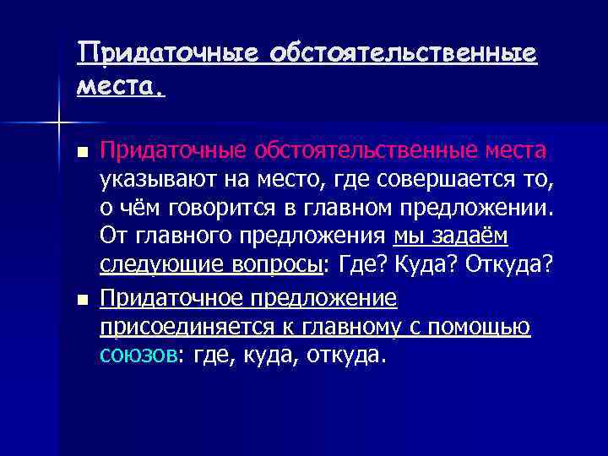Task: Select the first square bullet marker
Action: click(x=81, y=154)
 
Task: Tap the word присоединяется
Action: click(x=176, y=327)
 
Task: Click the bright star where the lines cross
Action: click(x=59, y=123)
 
